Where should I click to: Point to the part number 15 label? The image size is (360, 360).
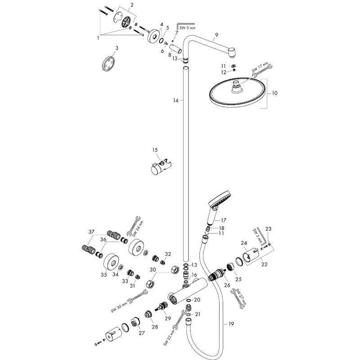[155, 150]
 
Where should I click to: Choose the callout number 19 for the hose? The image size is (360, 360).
[231, 324]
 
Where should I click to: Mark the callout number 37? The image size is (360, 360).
[91, 232]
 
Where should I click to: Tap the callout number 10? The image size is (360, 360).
[274, 93]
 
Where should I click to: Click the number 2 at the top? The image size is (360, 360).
[132, 5]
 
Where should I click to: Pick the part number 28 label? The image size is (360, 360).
[155, 327]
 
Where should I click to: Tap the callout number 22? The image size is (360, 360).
[264, 264]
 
